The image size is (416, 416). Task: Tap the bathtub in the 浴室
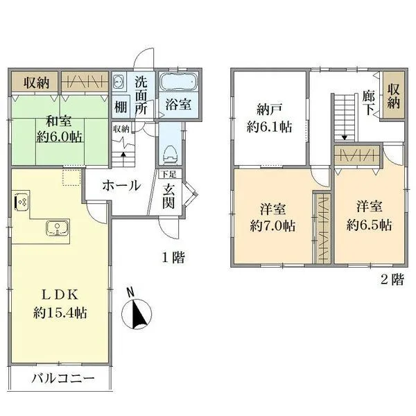[179, 84]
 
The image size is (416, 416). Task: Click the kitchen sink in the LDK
[55, 228]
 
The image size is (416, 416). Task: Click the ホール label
[122, 185]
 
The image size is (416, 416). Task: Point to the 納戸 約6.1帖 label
[270, 118]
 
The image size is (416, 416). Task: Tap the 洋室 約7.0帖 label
[272, 216]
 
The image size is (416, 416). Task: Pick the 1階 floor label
[173, 258]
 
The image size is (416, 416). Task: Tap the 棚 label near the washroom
[121, 107]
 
